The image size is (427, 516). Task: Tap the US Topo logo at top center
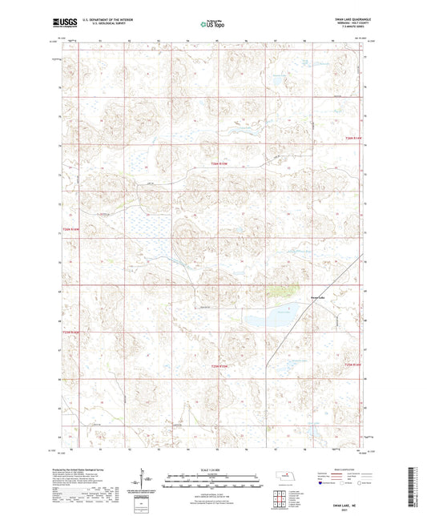coord(212,24)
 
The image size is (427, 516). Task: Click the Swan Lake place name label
coord(318,297)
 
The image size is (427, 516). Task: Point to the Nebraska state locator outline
coord(285,476)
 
